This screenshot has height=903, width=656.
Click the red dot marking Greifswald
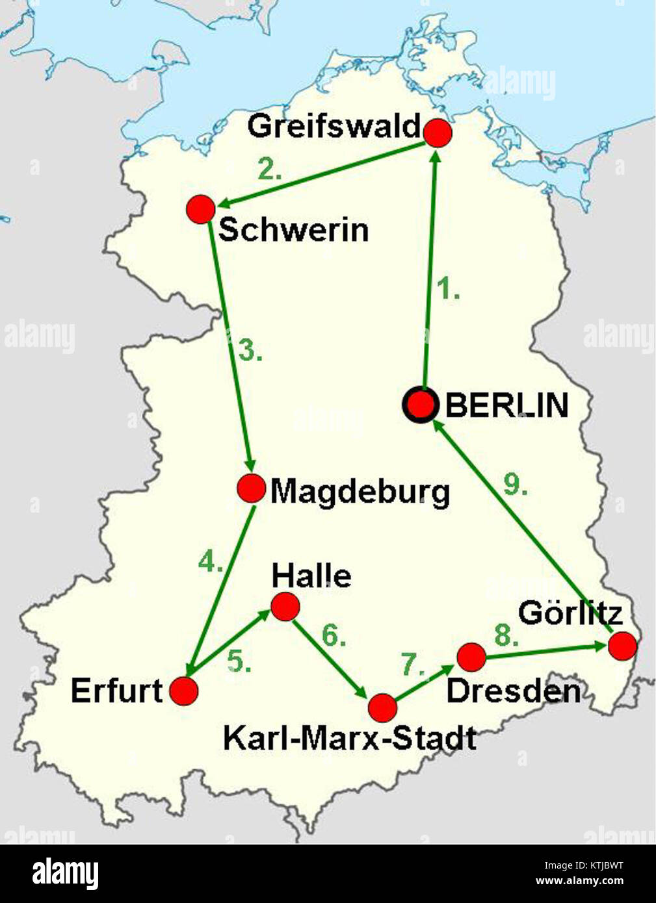[x=438, y=133]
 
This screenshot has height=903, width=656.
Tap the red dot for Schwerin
[x=200, y=209]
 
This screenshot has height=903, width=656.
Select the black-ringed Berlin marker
[x=421, y=405]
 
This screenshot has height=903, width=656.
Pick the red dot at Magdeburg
[x=251, y=489]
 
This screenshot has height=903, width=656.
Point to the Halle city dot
[x=285, y=607]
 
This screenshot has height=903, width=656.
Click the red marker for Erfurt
[x=184, y=691]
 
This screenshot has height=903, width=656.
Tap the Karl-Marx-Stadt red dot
[x=382, y=707]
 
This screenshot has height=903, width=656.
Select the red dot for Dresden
[x=471, y=657]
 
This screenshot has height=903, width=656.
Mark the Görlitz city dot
[x=622, y=646]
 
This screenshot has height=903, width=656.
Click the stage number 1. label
[x=447, y=288]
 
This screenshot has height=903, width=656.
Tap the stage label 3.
[x=250, y=351]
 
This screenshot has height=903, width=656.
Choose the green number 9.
[x=515, y=485]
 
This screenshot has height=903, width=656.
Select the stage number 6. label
[x=334, y=637]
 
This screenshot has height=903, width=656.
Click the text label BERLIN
[x=507, y=405]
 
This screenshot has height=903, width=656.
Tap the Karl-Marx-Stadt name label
[x=349, y=739]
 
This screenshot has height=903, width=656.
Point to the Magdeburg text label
[x=360, y=492]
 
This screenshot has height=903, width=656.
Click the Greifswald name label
[x=334, y=126]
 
